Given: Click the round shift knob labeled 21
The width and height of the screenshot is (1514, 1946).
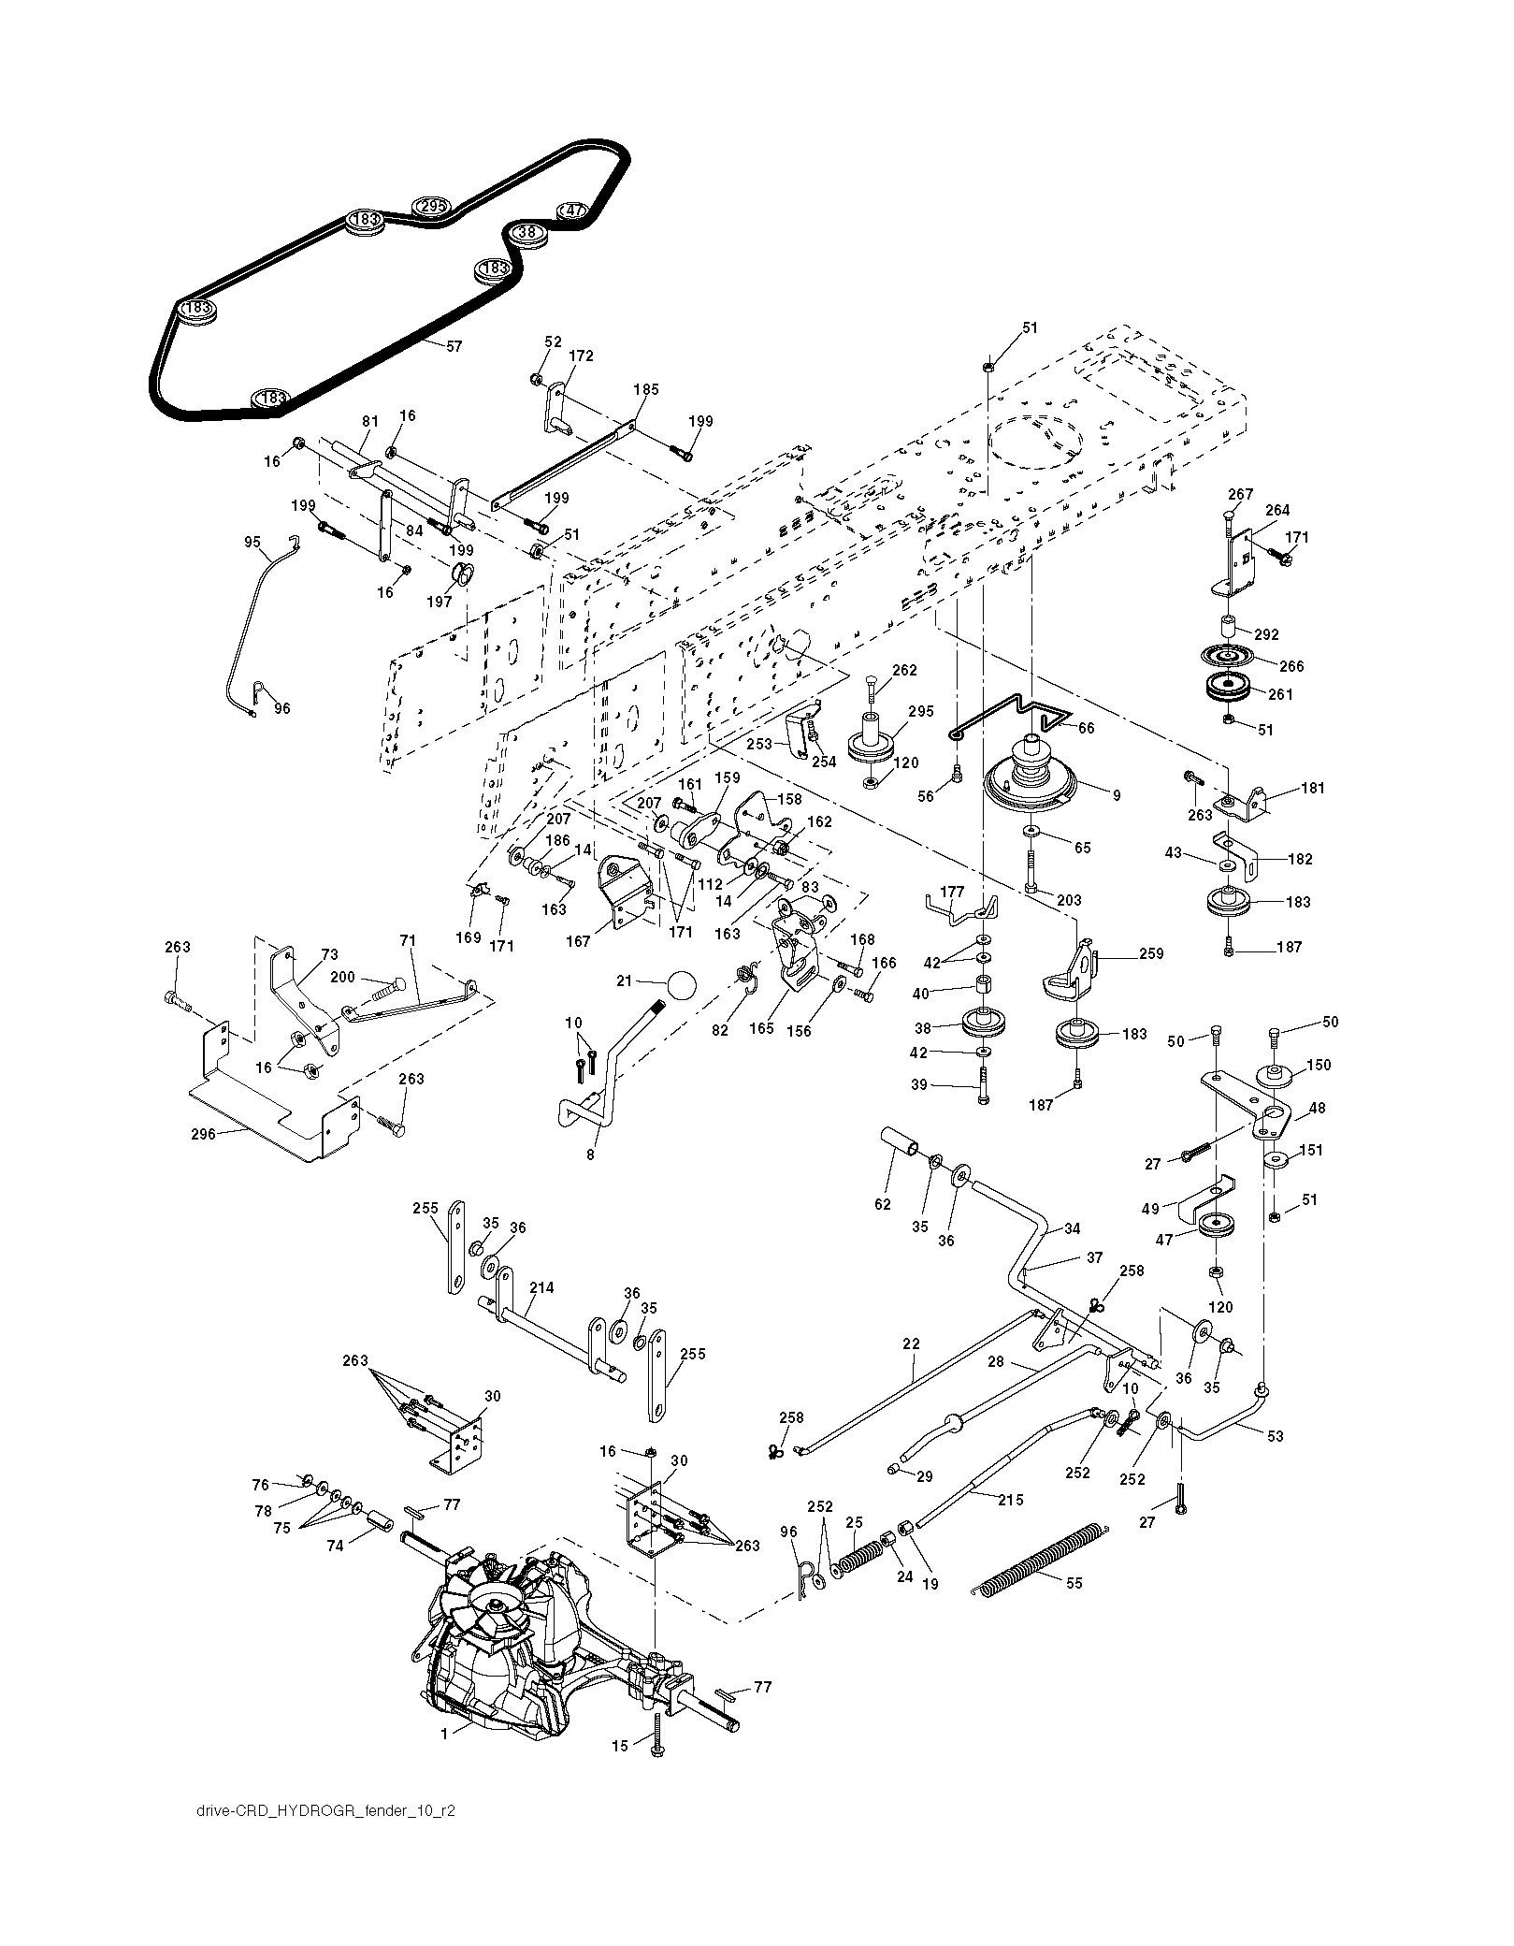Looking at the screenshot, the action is tap(683, 985).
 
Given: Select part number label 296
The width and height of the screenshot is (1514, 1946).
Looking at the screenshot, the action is tap(203, 1134).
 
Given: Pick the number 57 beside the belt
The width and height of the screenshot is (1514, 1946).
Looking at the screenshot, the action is tap(454, 346).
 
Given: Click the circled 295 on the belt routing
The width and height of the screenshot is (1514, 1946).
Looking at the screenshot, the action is tap(431, 206).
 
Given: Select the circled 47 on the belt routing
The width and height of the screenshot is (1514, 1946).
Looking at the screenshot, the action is tap(572, 211).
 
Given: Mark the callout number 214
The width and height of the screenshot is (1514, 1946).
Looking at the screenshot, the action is tap(541, 1287).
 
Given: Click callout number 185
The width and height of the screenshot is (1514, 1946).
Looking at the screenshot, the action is tap(645, 388).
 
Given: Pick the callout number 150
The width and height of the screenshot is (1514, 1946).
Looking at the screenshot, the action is tap(1318, 1065).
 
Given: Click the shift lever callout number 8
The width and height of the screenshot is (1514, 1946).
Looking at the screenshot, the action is tap(590, 1155).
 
